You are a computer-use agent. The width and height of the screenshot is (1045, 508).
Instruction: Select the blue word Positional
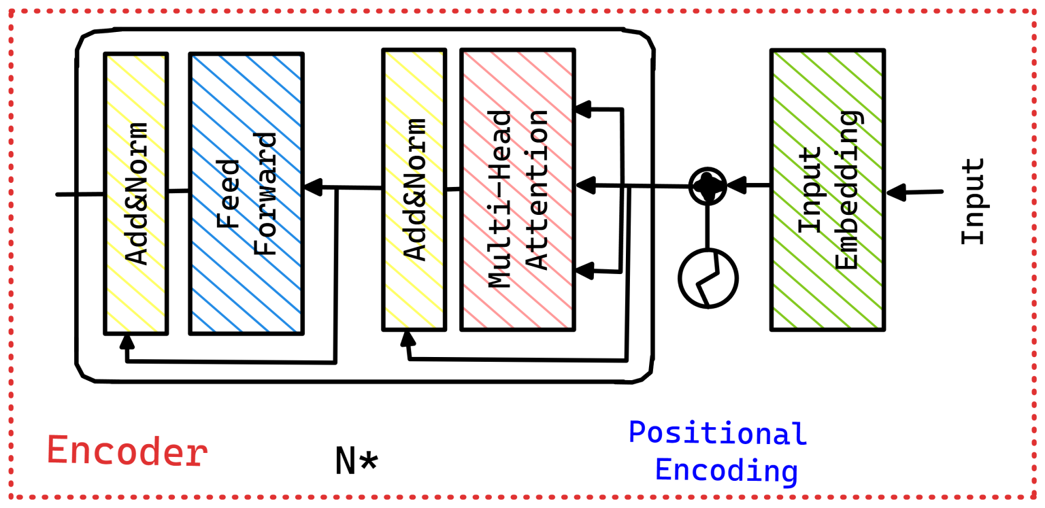tap(717, 433)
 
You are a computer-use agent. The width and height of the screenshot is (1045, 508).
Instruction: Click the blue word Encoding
tap(726, 470)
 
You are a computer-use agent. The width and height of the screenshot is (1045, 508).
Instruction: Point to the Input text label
tap(973, 201)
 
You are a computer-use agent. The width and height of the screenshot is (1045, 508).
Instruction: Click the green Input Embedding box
tap(827, 190)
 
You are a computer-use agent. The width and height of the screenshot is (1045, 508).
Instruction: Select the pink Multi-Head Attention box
tap(517, 190)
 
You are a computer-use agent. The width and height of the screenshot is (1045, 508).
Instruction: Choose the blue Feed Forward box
tap(246, 194)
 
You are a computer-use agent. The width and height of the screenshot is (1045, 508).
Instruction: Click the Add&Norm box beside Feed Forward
tap(136, 194)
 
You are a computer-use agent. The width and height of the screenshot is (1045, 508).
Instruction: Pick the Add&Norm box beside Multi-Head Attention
tap(414, 190)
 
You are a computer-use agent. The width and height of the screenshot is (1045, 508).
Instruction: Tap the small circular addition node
tap(708, 185)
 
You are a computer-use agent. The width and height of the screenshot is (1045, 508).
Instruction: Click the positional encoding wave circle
tap(708, 278)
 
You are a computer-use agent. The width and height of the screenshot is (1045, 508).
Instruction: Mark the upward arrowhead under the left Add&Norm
tap(126, 340)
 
